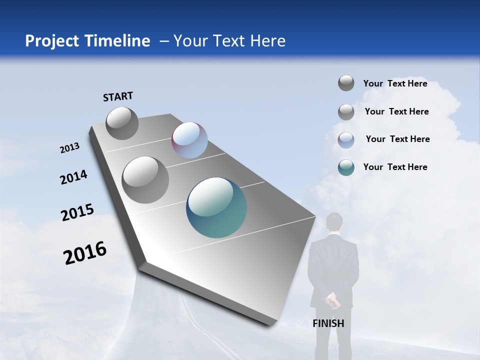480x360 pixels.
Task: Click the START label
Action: (x=118, y=96)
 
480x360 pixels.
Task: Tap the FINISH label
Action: (x=328, y=323)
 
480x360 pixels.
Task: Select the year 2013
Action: (x=69, y=148)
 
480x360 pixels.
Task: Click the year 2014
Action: (x=73, y=177)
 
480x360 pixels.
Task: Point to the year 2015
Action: (x=77, y=212)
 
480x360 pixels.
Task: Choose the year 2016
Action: (x=85, y=253)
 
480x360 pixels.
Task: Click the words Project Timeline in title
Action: (x=87, y=41)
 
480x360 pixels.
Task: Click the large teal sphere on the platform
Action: (x=216, y=207)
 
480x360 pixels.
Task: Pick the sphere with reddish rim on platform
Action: (x=189, y=140)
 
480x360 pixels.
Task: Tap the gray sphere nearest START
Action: (x=122, y=123)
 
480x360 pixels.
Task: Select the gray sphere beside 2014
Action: (x=145, y=179)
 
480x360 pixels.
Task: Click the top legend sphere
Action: (x=346, y=83)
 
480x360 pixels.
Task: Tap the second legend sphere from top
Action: (x=346, y=112)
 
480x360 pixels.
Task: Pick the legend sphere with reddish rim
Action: (x=346, y=140)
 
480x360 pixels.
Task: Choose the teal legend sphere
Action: (x=346, y=167)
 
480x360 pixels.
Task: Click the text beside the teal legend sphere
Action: (x=395, y=167)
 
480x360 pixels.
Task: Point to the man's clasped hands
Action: (x=332, y=301)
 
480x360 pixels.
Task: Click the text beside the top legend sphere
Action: (x=395, y=83)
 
